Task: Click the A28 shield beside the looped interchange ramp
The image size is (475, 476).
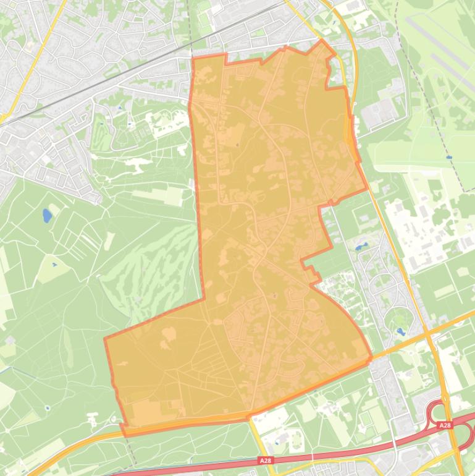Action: click(445, 426)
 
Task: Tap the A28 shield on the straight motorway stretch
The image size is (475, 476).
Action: click(265, 461)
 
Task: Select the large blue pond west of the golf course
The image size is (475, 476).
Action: click(47, 216)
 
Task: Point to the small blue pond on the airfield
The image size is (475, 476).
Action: click(449, 158)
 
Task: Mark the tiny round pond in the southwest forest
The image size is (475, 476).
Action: click(48, 407)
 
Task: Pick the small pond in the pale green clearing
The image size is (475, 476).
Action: click(54, 265)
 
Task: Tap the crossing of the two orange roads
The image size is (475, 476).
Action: click(427, 334)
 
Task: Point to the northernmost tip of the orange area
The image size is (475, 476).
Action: click(321, 40)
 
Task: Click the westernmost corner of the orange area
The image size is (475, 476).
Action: click(104, 339)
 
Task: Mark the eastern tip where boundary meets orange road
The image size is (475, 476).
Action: click(371, 357)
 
